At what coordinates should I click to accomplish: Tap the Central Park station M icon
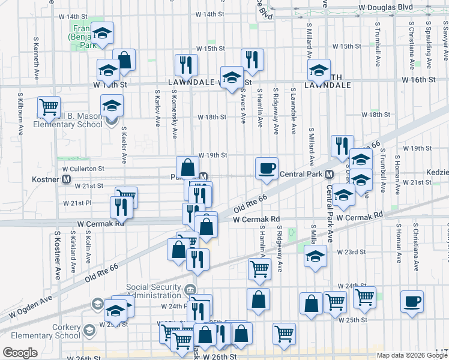click(330, 175)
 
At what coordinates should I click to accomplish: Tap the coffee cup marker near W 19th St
click(267, 168)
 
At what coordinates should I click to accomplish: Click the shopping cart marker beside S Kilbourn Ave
click(49, 107)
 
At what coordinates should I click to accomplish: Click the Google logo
click(20, 352)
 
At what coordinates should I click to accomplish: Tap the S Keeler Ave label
click(124, 145)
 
